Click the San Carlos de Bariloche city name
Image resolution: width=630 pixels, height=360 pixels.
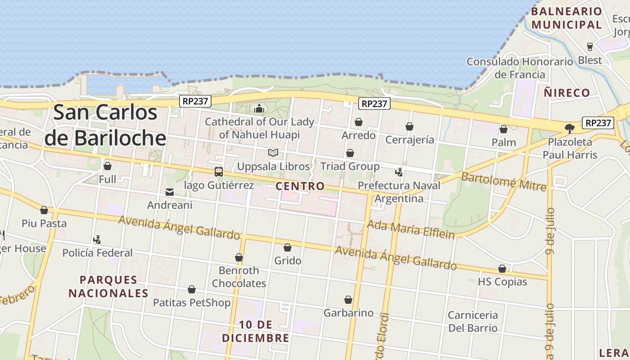105,125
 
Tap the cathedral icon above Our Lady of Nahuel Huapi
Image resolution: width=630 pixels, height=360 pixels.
259,108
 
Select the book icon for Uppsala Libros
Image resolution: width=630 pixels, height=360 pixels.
273,153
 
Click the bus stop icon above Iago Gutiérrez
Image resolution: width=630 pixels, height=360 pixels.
219,171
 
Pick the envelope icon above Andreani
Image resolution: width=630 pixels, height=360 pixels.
170,192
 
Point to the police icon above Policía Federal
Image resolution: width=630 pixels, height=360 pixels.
97,239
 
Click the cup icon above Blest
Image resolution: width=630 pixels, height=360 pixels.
590,46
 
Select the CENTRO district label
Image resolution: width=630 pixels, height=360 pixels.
300,186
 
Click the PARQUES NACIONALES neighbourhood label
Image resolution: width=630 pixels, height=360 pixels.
108,286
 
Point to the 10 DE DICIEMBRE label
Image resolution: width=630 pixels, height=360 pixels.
256,331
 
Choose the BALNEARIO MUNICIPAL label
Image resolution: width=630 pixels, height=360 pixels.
567,18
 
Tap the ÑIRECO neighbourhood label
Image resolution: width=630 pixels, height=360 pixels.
567,93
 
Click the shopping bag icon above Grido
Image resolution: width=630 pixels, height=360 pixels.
288,247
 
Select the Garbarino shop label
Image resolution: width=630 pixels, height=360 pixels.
349,313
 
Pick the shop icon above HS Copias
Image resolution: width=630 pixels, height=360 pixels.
502,269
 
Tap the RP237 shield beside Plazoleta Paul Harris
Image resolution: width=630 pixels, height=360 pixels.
598,122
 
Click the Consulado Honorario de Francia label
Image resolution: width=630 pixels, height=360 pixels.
520,68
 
